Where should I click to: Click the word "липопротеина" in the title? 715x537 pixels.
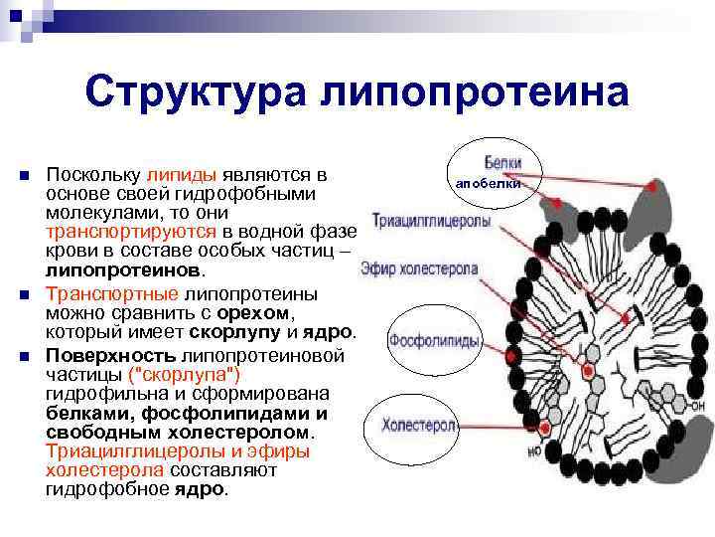tap(474, 93)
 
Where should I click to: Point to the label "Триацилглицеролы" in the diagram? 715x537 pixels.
tap(431, 222)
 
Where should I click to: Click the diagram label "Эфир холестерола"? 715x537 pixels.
tap(419, 268)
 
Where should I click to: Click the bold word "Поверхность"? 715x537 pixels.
tap(110, 356)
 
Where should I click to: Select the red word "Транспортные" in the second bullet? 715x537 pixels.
tap(111, 294)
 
